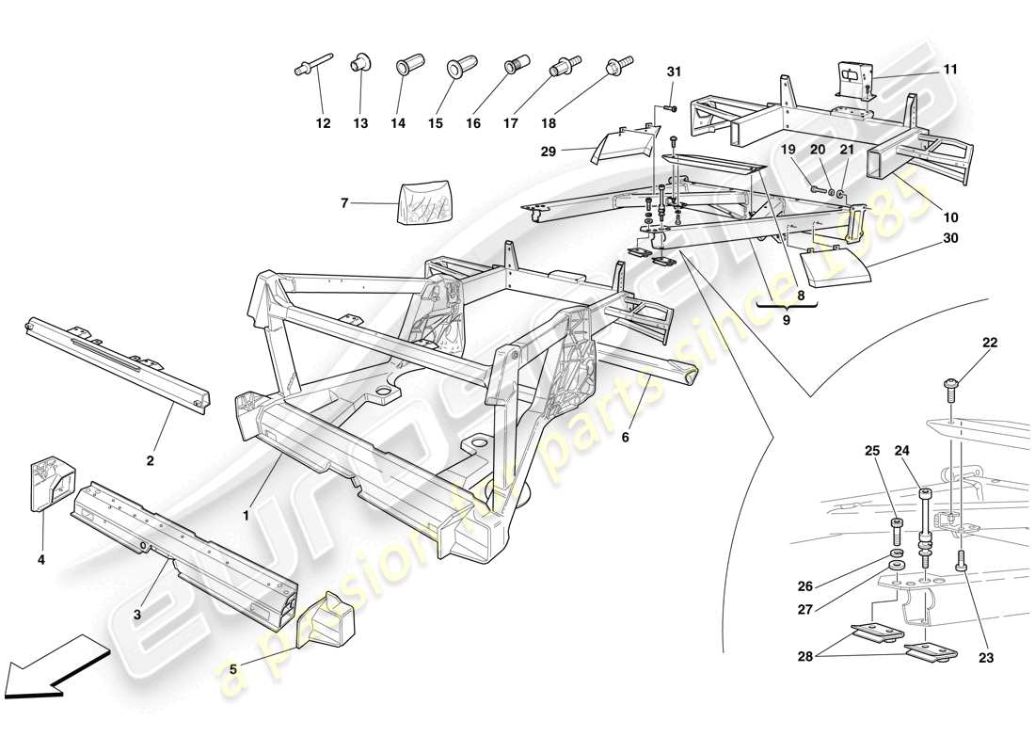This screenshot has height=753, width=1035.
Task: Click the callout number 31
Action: (x=673, y=72)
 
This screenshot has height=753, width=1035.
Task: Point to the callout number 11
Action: (x=950, y=69)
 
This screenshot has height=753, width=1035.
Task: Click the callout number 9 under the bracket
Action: (x=787, y=319)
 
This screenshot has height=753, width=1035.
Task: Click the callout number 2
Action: (x=150, y=461)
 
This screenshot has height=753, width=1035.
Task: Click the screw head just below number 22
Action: (x=951, y=384)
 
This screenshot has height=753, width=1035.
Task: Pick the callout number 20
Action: (x=817, y=150)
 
